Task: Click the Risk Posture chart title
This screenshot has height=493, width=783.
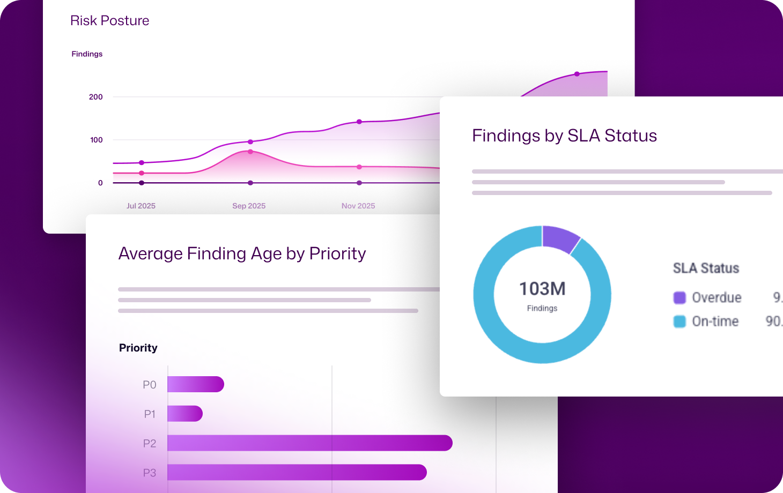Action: (109, 20)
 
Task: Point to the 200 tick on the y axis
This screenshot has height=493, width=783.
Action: (95, 97)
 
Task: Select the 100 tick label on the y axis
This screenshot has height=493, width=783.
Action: (96, 140)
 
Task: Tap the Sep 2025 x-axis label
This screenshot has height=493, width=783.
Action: (249, 206)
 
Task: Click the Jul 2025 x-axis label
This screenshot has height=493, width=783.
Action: (141, 206)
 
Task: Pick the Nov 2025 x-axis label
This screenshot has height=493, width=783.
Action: (358, 206)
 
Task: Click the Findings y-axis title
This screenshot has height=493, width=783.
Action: (87, 54)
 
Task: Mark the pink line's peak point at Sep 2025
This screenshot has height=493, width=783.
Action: (250, 152)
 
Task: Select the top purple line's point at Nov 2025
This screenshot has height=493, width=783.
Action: (359, 122)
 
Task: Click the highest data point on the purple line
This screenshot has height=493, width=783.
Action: (577, 74)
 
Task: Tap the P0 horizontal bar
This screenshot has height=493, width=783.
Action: (195, 384)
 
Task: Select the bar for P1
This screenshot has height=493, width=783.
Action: (184, 414)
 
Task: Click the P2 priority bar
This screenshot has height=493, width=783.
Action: (309, 443)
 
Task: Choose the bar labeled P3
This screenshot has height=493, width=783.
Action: (297, 473)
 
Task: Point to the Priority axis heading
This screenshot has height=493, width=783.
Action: (138, 348)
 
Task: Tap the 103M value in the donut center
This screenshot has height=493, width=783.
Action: (542, 289)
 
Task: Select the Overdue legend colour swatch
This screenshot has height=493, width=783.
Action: (679, 298)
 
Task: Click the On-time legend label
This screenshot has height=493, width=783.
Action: (715, 322)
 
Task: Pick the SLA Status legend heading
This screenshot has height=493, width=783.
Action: (706, 268)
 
